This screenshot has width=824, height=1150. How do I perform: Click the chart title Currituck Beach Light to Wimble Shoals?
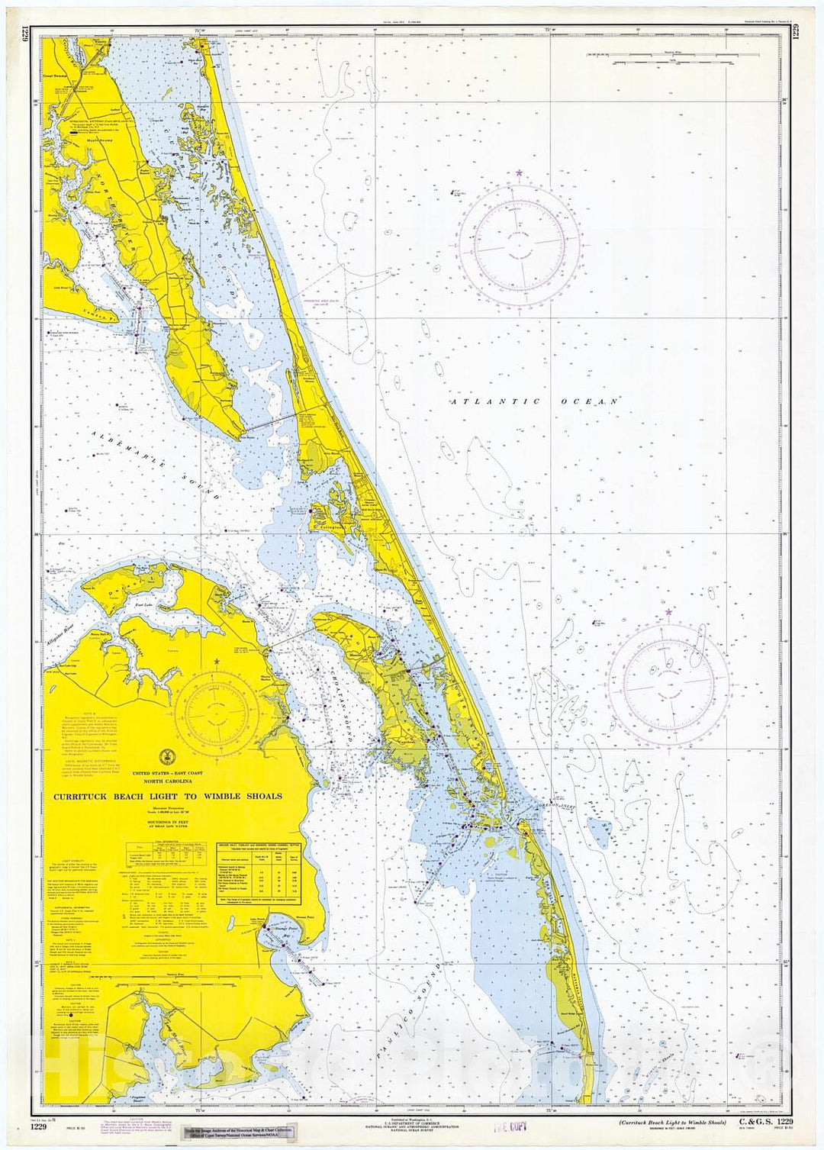(166, 796)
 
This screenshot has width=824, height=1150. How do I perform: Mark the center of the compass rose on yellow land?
(217, 713)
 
